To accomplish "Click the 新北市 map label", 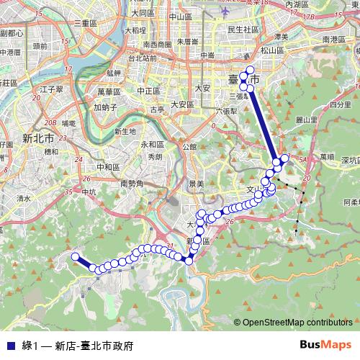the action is pyautogui.click(x=39, y=137).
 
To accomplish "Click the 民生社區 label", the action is pyautogui.click(x=243, y=30).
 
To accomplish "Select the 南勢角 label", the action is pyautogui.click(x=133, y=184).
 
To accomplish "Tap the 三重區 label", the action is pyautogui.click(x=85, y=24).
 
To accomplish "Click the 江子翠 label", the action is pyautogui.click(x=53, y=89).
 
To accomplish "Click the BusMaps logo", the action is pyautogui.click(x=325, y=345).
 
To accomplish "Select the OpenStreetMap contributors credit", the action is pyautogui.click(x=297, y=322).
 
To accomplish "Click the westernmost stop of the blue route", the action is pyautogui.click(x=74, y=256).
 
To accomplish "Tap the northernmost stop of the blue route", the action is pyautogui.click(x=251, y=71).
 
